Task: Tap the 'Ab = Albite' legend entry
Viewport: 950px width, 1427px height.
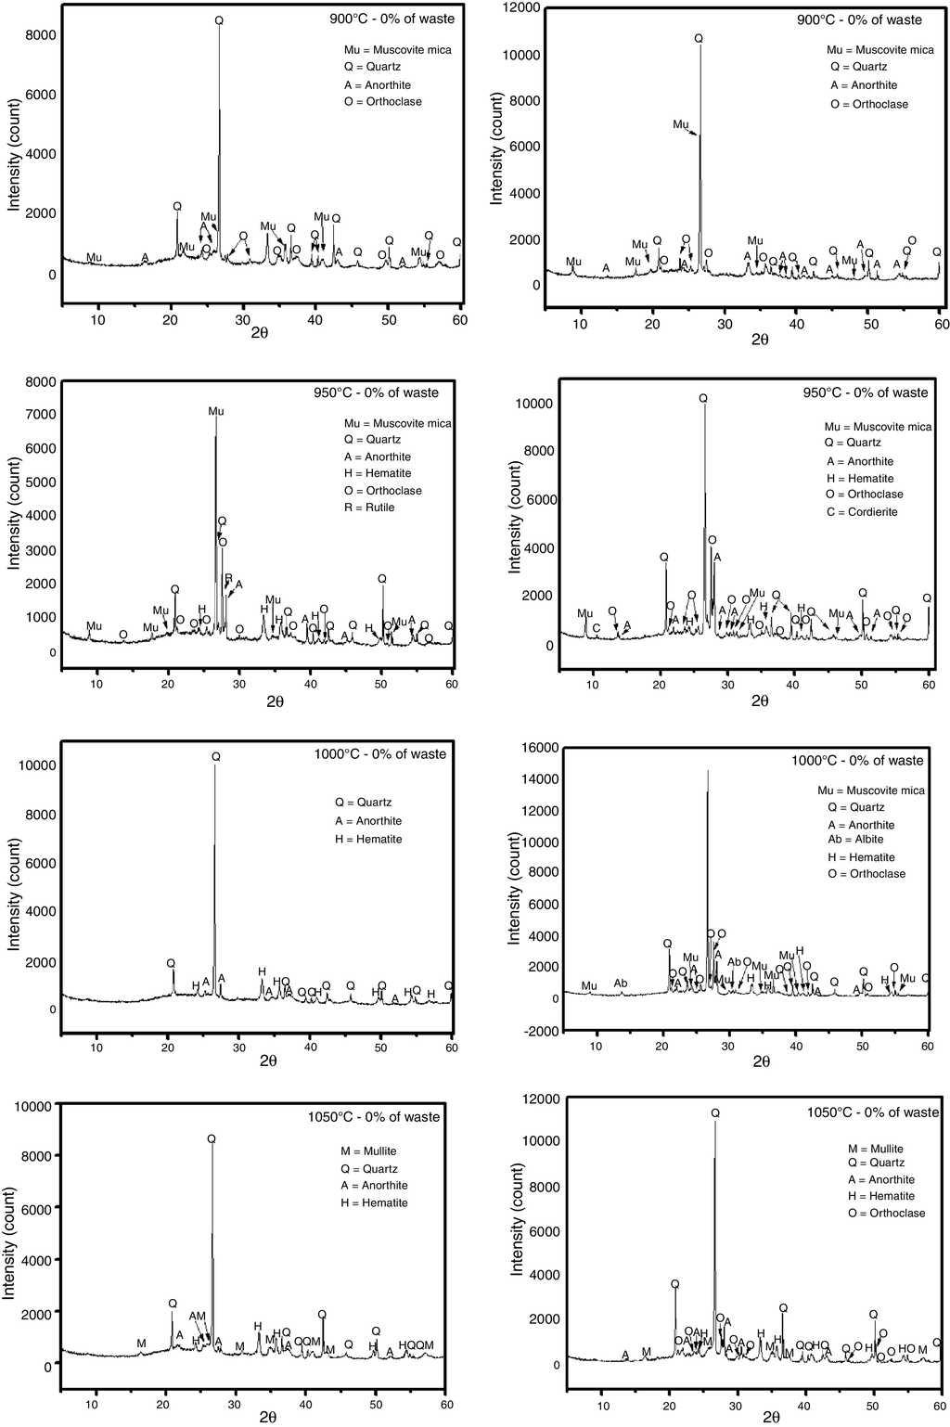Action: coord(855,840)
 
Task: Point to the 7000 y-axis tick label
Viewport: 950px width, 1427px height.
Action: coord(40,415)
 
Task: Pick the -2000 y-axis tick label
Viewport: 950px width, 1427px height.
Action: coord(540,1031)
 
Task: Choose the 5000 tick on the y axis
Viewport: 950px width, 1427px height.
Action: coord(40,482)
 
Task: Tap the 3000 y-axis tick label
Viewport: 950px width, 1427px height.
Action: coord(40,550)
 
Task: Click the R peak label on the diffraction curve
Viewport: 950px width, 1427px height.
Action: coord(228,578)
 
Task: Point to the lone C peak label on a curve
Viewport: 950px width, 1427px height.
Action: coord(597,628)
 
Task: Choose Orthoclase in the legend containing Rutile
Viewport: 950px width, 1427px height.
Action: coord(382,491)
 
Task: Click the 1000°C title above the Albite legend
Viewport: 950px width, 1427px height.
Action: coord(857,760)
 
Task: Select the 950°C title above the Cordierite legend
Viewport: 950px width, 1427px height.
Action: coord(865,392)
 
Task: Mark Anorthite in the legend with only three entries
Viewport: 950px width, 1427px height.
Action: coord(368,821)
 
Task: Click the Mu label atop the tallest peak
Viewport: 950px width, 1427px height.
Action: coord(216,411)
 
